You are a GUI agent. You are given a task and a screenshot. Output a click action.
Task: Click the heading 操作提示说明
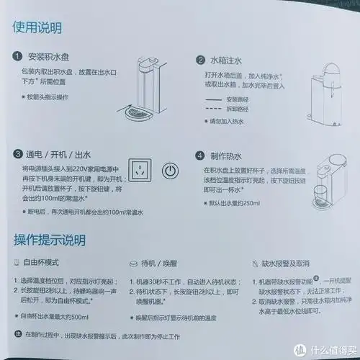coord(50,240)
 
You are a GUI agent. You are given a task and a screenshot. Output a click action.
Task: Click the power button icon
coord(168,173)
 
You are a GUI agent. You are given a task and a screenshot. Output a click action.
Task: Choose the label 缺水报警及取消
coord(289,266)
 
